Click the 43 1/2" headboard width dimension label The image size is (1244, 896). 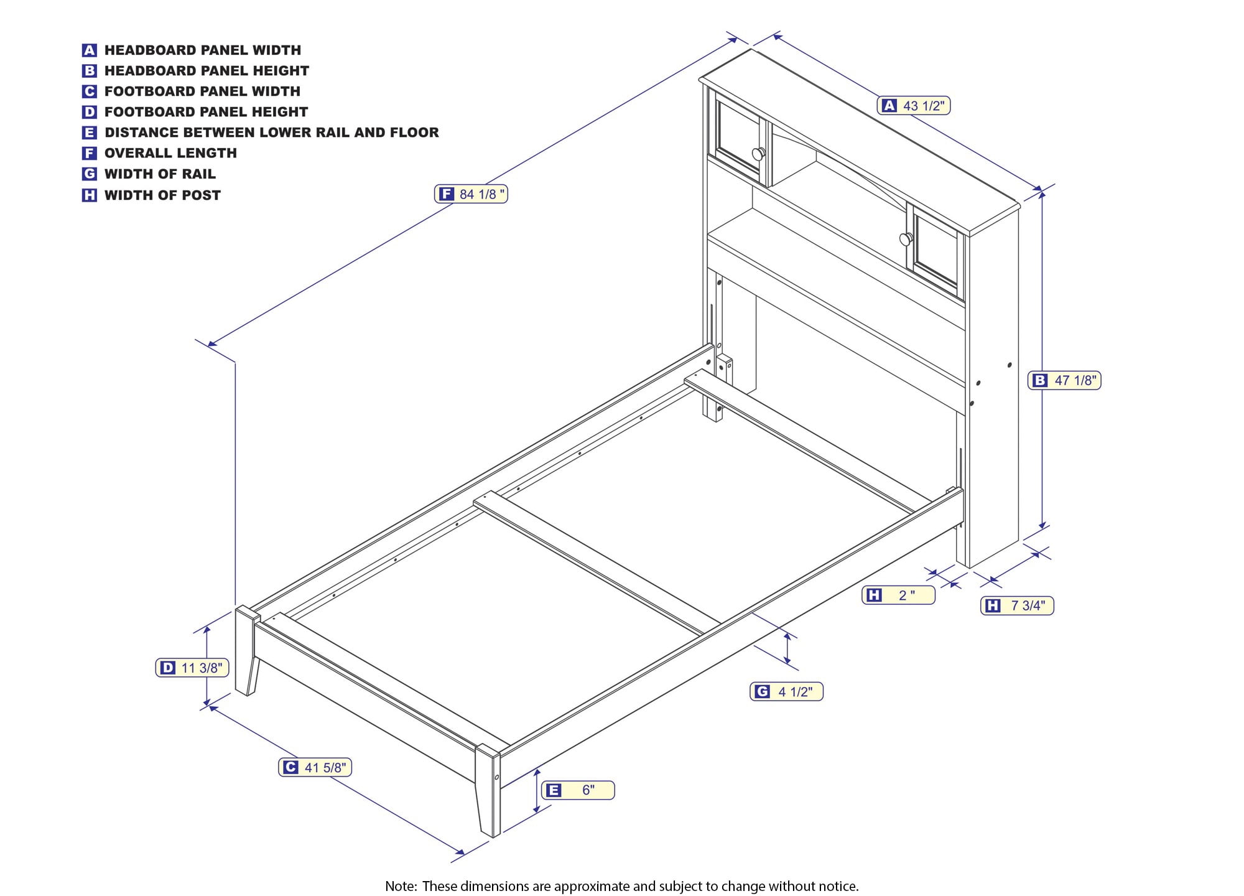914,106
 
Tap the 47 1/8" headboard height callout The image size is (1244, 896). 1064,380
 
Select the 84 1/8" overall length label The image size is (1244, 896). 471,194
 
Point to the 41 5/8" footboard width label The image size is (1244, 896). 315,767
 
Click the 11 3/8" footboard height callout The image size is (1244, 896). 192,668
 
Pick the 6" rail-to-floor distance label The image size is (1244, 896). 578,790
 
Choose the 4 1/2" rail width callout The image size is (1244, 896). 786,691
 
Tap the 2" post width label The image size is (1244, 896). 898,595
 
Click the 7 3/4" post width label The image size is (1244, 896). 1017,605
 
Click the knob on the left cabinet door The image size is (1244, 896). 758,154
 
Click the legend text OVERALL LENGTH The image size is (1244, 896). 170,153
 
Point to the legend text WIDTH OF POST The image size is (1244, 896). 162,195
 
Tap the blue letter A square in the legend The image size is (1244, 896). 90,50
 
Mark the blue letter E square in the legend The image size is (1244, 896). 90,133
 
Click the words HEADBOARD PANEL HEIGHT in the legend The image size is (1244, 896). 207,71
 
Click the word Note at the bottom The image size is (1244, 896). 401,886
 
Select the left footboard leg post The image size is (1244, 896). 247,651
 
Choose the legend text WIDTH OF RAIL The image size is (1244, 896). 160,174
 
